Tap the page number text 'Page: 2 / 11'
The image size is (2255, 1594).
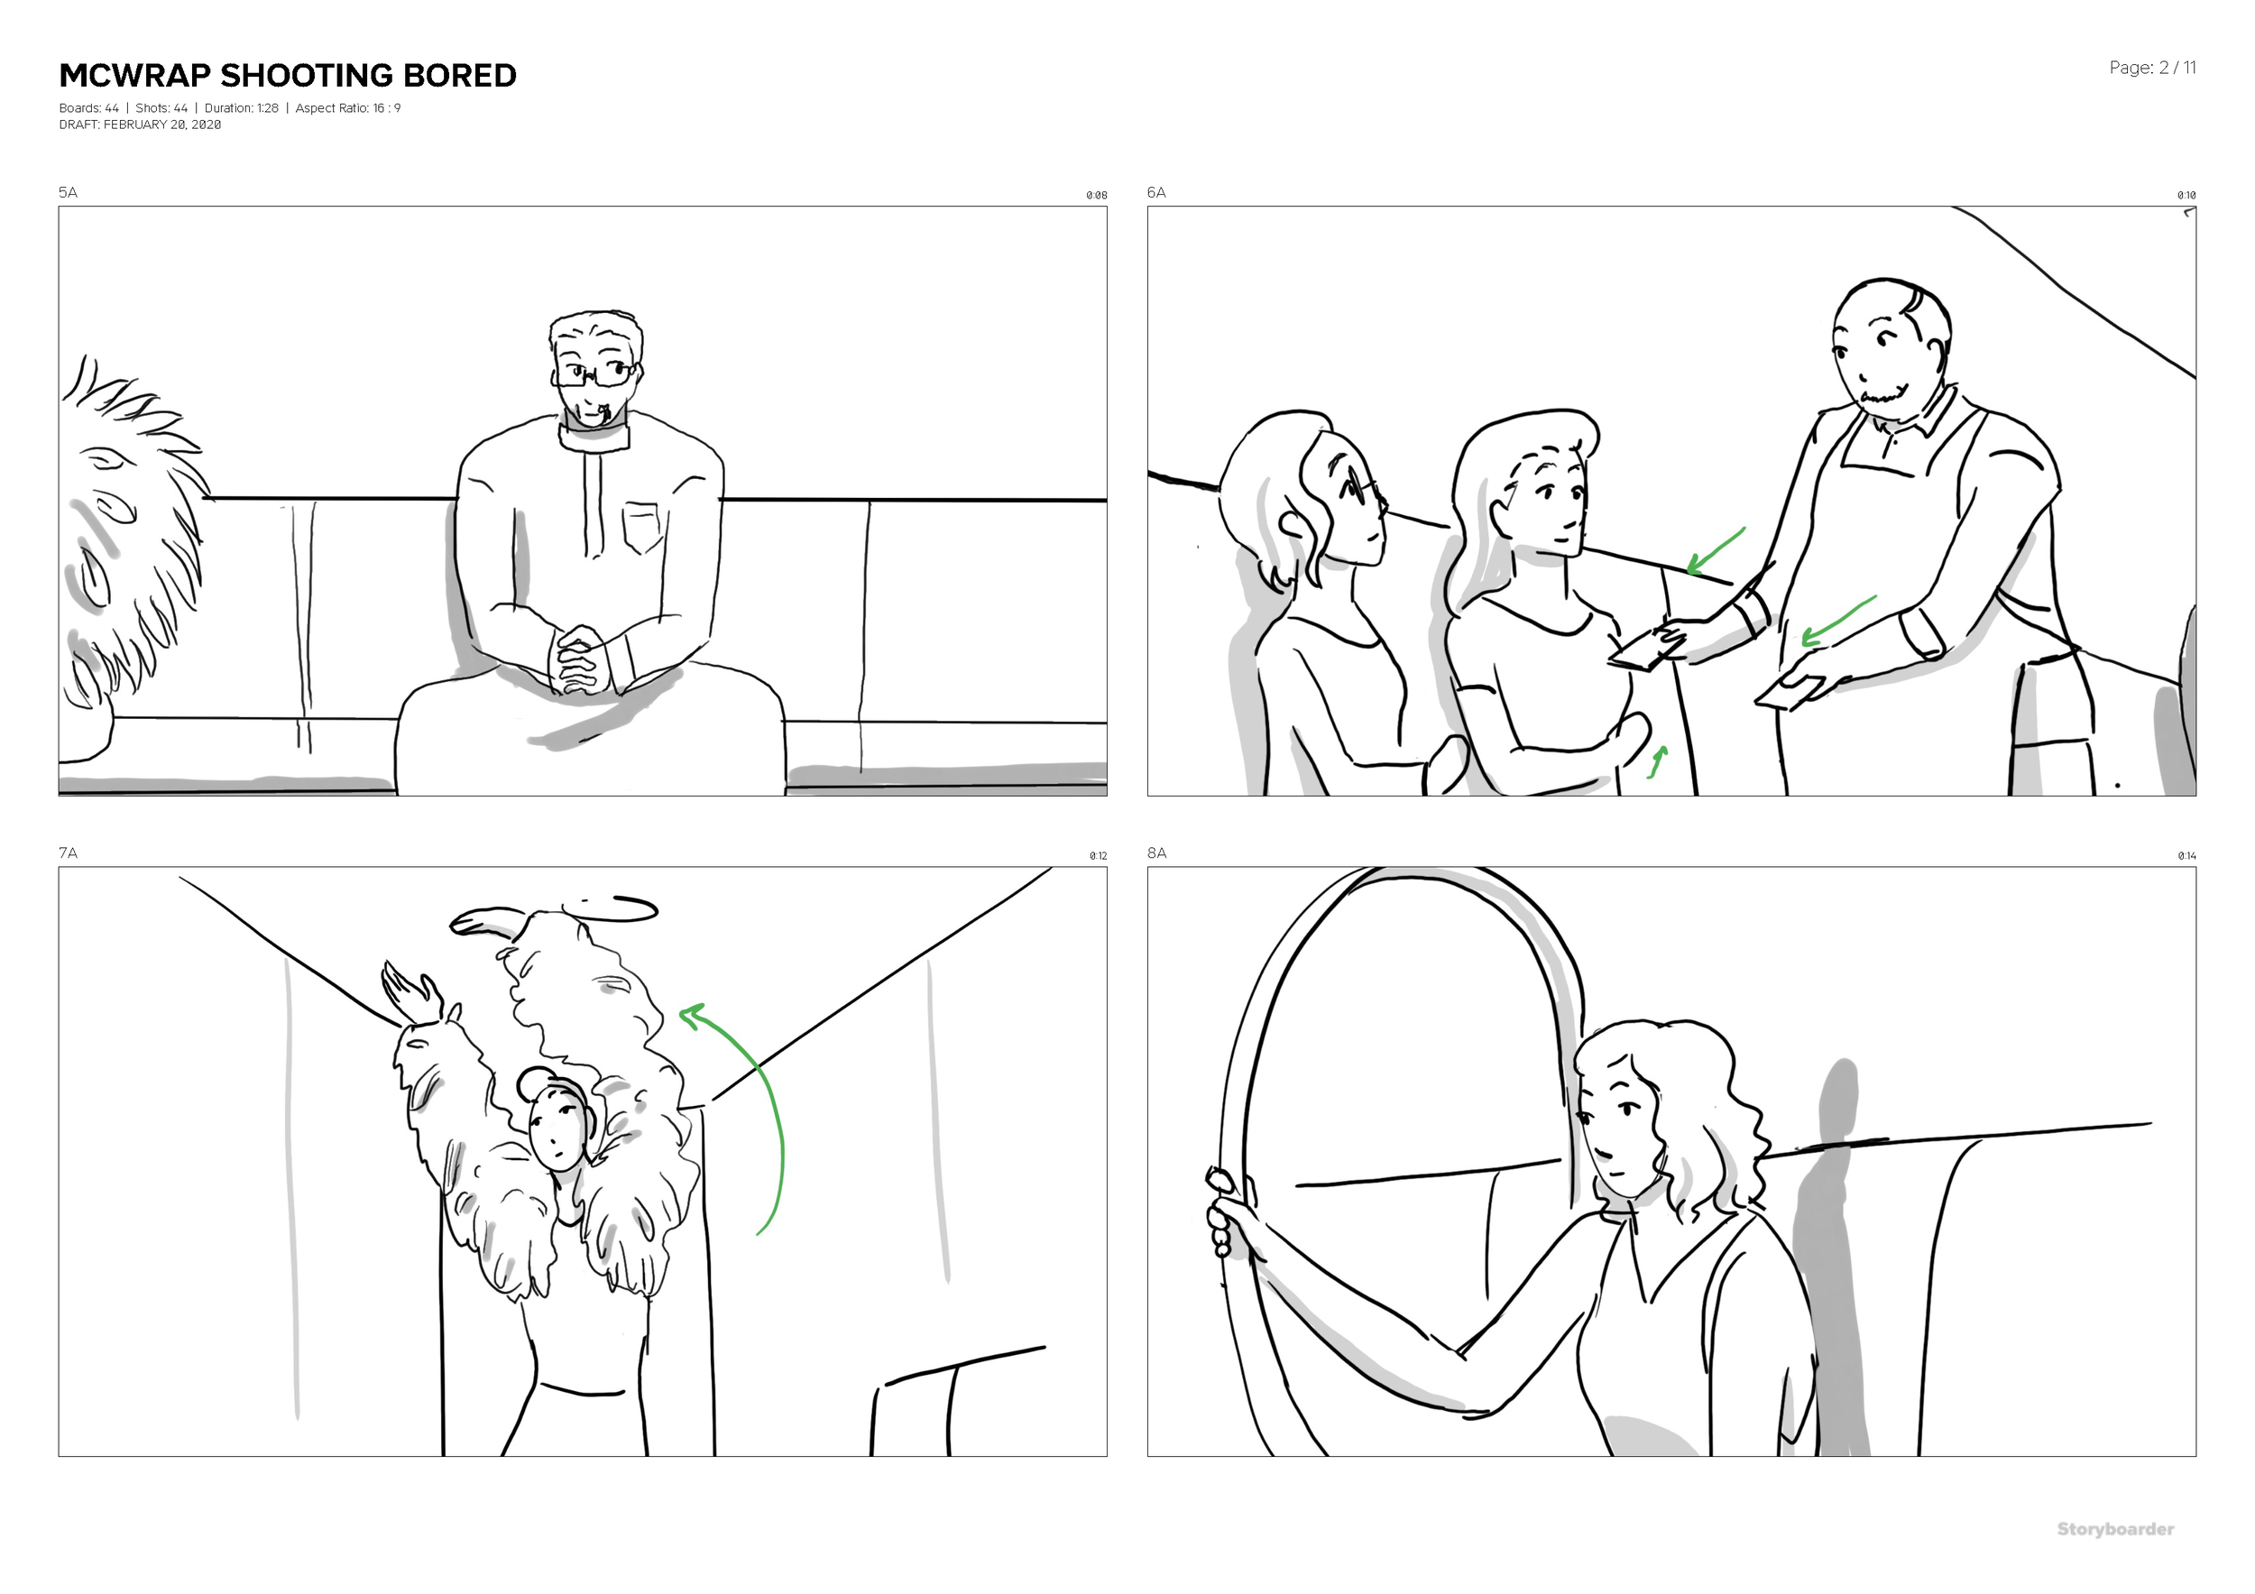tap(2151, 68)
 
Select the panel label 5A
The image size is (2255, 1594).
tap(68, 192)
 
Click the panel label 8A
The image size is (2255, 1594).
tap(1157, 852)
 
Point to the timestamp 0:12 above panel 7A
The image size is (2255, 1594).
tap(1097, 856)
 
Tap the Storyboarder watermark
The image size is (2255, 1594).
tap(2114, 1529)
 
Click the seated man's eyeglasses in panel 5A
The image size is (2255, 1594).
tap(595, 374)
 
